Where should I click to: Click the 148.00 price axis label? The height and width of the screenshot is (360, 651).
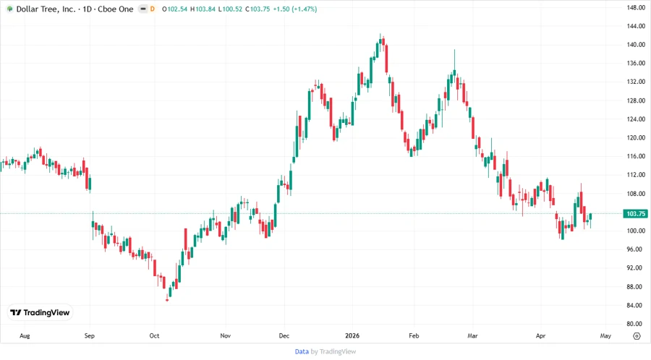point(636,8)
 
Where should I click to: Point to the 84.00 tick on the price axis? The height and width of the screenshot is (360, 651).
point(636,306)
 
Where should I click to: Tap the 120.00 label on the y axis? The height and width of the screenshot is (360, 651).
point(636,138)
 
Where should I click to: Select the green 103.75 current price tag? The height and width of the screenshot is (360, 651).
point(636,214)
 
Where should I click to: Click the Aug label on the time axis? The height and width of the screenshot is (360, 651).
point(25,336)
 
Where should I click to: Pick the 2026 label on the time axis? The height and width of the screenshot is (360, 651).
point(353,336)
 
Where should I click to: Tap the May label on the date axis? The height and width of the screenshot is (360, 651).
point(605,336)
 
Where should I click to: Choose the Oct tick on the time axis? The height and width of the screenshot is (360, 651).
point(154,336)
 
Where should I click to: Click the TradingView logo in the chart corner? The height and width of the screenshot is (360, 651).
point(40,312)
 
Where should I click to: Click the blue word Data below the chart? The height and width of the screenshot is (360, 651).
point(302,351)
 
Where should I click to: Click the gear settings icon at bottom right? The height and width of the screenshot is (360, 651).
point(636,336)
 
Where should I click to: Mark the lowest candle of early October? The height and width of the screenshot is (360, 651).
point(168,295)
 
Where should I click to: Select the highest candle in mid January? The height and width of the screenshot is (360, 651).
point(381,43)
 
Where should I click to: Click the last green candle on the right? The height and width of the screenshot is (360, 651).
point(591,218)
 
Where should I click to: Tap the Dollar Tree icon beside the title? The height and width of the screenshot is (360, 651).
point(9,9)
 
